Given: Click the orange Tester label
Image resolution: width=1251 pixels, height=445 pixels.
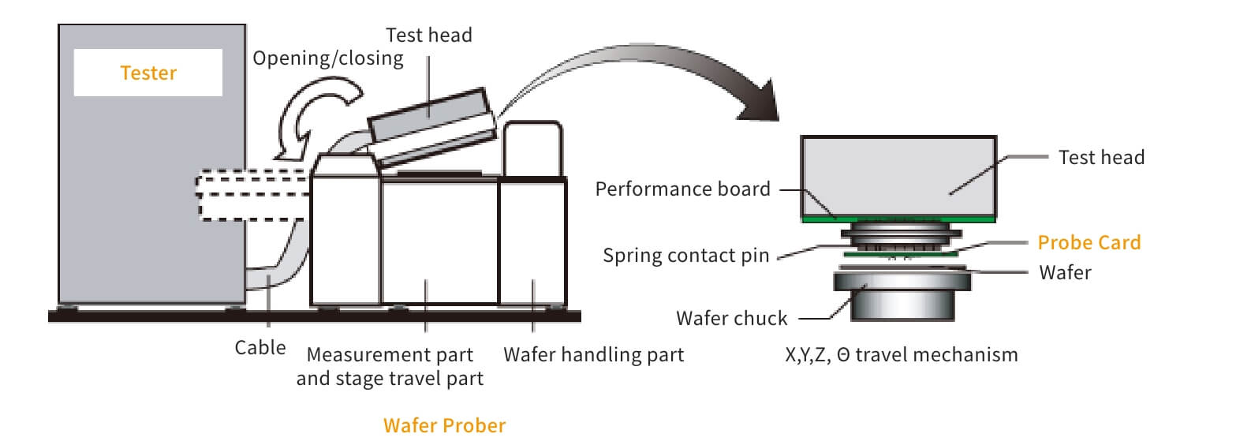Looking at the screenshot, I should [x=148, y=73].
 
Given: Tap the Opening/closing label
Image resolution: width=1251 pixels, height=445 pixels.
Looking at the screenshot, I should [x=327, y=58].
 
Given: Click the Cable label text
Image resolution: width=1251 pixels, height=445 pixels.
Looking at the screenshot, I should [x=260, y=348].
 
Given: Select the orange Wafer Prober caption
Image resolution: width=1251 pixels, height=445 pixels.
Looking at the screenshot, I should [x=444, y=425].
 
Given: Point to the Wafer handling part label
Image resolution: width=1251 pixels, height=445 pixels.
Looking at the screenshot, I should [x=593, y=355].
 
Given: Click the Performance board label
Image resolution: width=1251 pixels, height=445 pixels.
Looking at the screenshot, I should [x=682, y=189].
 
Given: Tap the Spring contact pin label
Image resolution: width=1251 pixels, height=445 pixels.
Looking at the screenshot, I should [x=685, y=256].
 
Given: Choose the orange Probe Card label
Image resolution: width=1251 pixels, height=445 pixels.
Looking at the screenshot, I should [x=1089, y=243].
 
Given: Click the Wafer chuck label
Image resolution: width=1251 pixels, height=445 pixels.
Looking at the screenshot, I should [x=731, y=319].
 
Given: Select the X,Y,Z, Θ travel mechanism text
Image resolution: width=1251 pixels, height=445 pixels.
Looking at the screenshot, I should [x=901, y=355].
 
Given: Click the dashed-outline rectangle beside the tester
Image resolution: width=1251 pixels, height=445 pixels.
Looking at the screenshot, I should [x=251, y=194].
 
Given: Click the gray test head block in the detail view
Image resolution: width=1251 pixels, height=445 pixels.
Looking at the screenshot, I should [x=898, y=175].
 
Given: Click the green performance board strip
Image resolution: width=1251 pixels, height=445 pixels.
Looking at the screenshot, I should [x=898, y=219].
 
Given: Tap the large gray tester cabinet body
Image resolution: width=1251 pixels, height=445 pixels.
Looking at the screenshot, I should [x=150, y=197].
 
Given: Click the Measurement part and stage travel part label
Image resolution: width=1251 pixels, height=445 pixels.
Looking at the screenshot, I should [x=390, y=367].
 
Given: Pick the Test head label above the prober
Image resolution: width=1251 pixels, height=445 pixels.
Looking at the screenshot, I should [x=428, y=36].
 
